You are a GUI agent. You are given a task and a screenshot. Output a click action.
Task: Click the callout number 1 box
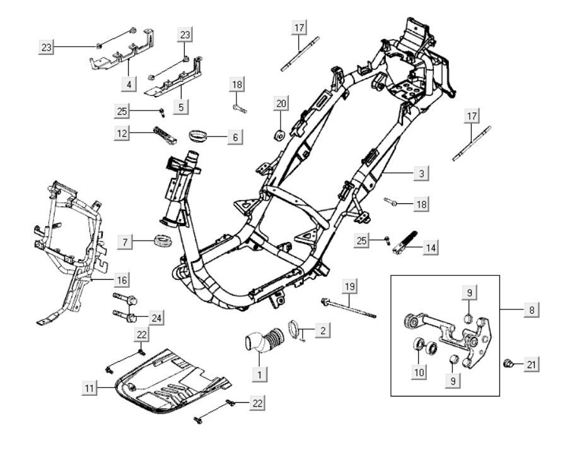pos(258,374)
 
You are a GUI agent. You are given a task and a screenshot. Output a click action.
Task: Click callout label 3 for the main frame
pos(421,172)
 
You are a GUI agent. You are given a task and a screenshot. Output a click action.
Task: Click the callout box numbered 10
pos(419,372)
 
